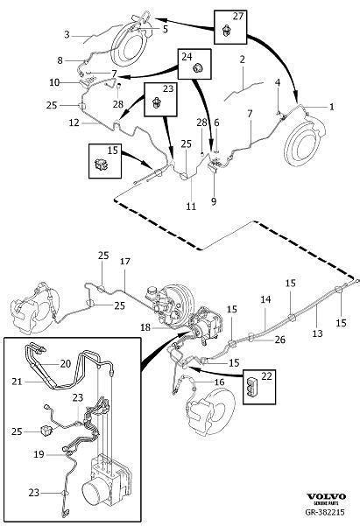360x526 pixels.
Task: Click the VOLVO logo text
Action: [x=326, y=496]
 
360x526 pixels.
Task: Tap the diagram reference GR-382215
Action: [x=325, y=513]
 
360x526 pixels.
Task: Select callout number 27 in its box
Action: [x=237, y=16]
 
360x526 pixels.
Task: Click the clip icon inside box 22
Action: [x=252, y=388]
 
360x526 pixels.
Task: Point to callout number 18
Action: [x=145, y=326]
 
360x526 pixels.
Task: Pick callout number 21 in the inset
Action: [x=17, y=382]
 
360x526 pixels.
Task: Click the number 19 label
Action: [x=39, y=454]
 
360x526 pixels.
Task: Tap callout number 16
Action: [x=219, y=382]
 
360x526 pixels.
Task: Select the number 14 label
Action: [x=265, y=299]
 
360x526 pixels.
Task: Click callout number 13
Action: [x=317, y=333]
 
